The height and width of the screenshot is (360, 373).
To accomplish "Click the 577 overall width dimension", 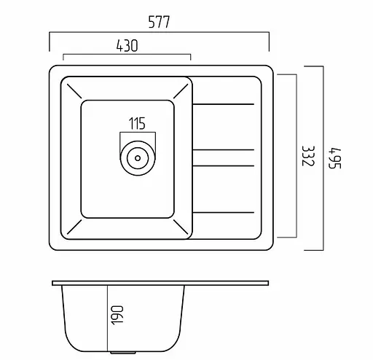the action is click(159, 22).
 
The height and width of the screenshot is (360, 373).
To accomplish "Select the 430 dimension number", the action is click(127, 45).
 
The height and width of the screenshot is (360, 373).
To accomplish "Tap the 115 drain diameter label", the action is click(137, 123).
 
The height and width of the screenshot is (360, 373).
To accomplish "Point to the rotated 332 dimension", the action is click(308, 156).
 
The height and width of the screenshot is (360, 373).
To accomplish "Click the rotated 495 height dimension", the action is click(335, 158).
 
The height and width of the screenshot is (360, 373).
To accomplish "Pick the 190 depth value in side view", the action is click(117, 315).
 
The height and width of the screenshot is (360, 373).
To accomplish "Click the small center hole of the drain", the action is click(138, 158).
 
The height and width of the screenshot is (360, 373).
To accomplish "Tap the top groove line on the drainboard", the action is click(224, 104).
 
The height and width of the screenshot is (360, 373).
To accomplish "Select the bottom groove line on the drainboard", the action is click(224, 213).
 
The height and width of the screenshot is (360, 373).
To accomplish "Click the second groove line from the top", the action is click(224, 149).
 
